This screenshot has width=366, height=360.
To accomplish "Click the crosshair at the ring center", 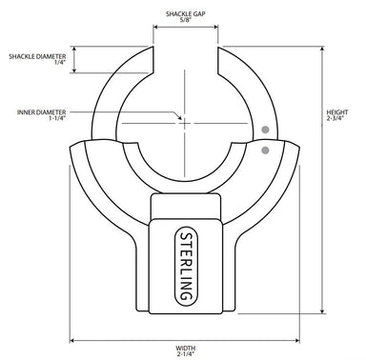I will [x=185, y=122].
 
